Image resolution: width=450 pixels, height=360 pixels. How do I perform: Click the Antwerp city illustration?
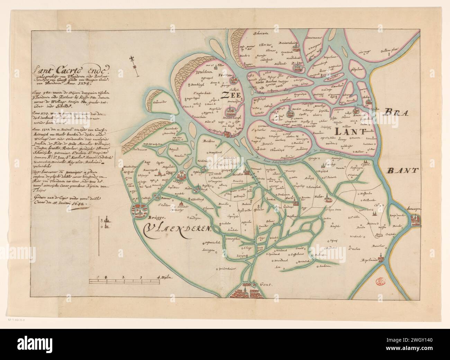pyautogui.click(x=415, y=219)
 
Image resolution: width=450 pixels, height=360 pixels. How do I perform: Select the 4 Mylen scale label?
pyautogui.click(x=164, y=277)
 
